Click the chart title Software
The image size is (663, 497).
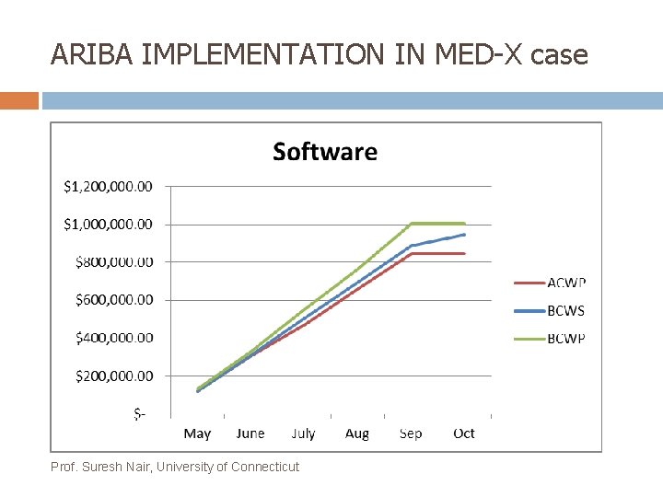325,152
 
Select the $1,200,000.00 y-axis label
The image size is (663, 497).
108,186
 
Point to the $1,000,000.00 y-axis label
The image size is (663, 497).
108,224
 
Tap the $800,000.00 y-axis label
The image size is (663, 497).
114,261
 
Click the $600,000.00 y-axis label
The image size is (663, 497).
114,299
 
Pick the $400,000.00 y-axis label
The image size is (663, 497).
114,338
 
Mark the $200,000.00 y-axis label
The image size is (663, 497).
114,376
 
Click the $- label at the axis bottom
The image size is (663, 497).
139,414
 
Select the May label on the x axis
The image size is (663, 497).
197,433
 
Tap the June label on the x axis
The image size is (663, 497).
250,433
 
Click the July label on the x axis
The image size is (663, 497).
303,433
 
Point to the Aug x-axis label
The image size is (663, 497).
357,433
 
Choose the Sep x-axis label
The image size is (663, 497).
411,433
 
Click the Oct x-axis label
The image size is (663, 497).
464,433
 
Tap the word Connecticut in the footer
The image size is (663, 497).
265,467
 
